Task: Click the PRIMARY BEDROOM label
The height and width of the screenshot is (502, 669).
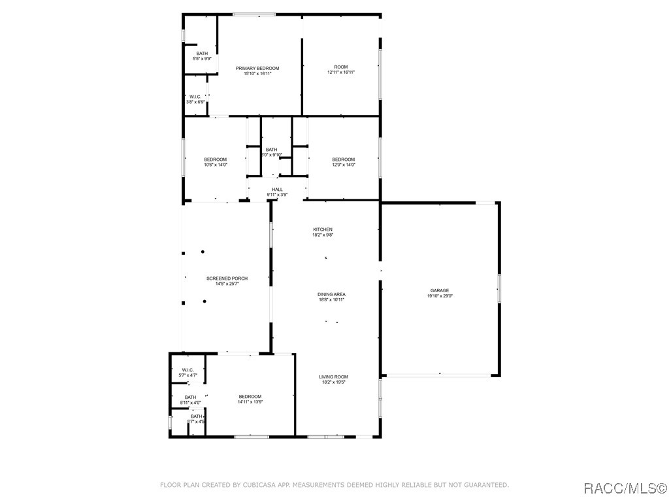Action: coord(257,69)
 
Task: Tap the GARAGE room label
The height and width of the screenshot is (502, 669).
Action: coord(439,290)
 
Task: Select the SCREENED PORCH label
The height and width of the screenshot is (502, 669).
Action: coord(227,278)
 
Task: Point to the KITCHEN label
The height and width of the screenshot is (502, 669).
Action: coord(323,229)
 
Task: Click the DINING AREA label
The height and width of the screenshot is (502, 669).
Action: coord(332,294)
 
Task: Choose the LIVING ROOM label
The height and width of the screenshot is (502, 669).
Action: coord(333,376)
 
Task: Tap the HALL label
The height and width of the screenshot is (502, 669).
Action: coord(277,190)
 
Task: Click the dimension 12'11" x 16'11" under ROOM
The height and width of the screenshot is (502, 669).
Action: coord(341,73)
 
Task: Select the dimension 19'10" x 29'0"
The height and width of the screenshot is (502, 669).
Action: coord(439,296)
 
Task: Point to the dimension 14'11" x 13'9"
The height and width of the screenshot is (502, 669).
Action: coord(250,402)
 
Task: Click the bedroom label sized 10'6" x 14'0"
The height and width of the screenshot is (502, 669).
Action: coord(216,160)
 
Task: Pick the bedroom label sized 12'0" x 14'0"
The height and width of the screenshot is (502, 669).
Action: coord(344,160)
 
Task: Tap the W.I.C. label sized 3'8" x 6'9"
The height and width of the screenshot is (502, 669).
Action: coord(195,97)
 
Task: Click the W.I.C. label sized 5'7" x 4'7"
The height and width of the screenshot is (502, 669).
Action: coord(188,370)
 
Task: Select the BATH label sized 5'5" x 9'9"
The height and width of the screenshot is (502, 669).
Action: coord(203,54)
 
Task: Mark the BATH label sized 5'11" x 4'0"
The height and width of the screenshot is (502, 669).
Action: coord(190,397)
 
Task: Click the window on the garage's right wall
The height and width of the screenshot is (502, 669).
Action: coord(499,288)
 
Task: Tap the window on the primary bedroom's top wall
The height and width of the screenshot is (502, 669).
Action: coord(254,14)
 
